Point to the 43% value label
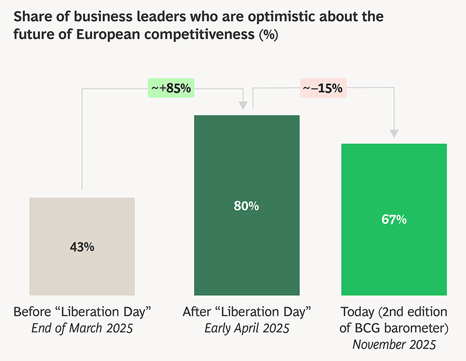click(x=82, y=247)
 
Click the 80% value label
click(x=246, y=206)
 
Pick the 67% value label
click(x=394, y=220)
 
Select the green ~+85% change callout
click(x=171, y=89)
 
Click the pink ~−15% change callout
click(x=323, y=89)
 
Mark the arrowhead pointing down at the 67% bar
click(x=395, y=134)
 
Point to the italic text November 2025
click(x=394, y=344)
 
